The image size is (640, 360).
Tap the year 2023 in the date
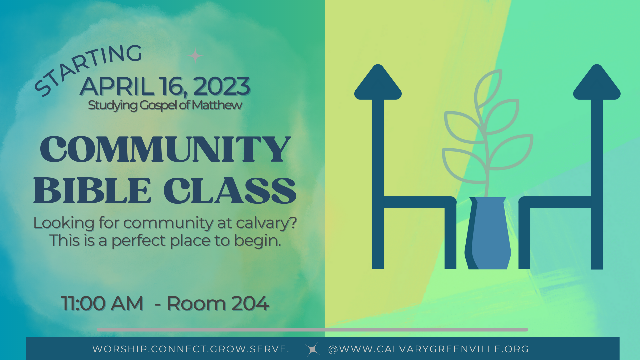coord(222,86)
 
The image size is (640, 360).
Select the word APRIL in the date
coord(117,86)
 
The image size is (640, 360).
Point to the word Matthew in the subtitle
coord(217,105)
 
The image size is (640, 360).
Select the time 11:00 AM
coord(102,303)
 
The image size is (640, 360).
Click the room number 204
coord(250,303)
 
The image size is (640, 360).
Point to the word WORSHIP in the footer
coord(120,349)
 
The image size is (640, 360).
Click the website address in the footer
coord(428,349)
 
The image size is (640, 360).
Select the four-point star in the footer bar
coord(312,349)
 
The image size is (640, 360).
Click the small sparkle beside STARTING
coord(195,56)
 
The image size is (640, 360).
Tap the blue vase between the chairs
coord(488,233)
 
